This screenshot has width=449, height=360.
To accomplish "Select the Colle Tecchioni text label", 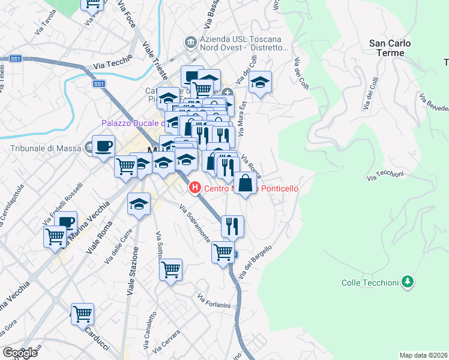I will (369, 283).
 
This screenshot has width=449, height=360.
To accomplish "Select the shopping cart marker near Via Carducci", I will (83, 313).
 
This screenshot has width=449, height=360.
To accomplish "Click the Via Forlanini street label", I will (214, 301).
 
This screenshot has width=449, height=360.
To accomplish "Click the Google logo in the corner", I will (20, 353).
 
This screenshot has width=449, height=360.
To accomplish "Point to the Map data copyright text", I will (423, 355).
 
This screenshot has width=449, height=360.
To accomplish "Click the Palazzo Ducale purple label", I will (132, 123).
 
